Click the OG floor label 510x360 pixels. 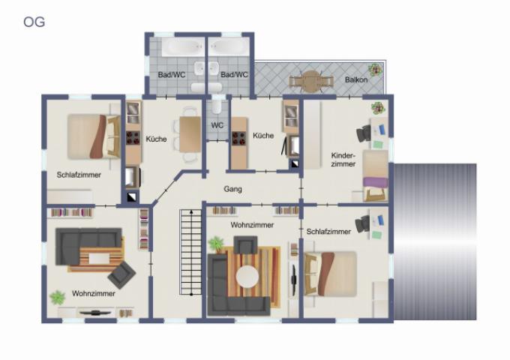coord(34,22)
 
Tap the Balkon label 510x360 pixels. coord(356,79)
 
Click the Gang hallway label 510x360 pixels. coord(232,189)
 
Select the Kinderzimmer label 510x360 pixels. coord(343,159)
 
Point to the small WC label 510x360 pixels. coord(217,125)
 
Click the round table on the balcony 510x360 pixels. coord(311,81)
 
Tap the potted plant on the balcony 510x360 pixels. coord(376,70)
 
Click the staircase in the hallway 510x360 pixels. coord(191,252)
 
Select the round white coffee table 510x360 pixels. coord(247,277)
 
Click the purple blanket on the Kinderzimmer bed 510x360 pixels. coord(375,182)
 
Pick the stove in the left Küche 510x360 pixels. coord(133,137)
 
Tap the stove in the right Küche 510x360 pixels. coord(238,138)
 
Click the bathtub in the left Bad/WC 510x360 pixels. coord(181,47)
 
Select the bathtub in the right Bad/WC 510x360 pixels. coord(227,47)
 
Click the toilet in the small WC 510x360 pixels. coord(217,107)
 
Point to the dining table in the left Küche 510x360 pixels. coord(190,134)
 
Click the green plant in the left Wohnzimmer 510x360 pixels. coord(58,298)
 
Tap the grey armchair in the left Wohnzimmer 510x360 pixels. coord(121,275)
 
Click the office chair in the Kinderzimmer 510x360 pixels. coord(364,133)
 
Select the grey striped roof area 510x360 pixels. coord(435,241)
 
